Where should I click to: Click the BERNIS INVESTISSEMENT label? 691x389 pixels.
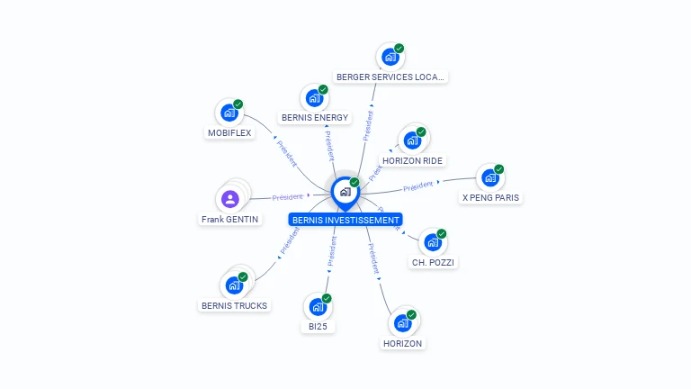[x=345, y=220]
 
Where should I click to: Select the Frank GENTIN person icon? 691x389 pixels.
[x=229, y=199]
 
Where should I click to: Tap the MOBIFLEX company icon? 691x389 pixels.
[x=229, y=113]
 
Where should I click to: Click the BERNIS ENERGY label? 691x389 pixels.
[x=315, y=117]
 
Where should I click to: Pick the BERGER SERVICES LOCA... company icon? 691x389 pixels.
[x=390, y=57]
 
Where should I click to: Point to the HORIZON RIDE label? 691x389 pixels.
[x=412, y=160]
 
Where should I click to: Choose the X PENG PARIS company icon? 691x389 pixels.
[x=490, y=177]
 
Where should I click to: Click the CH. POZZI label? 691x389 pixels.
[x=433, y=263]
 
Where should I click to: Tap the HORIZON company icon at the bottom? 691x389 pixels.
[x=402, y=322]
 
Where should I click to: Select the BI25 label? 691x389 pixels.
[x=317, y=327]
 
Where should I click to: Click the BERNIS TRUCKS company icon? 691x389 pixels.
[x=234, y=285]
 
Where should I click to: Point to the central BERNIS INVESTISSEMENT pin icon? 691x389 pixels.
[x=345, y=192]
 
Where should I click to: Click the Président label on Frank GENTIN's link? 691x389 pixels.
[x=287, y=196]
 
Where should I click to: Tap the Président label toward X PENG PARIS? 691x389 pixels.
[x=418, y=186]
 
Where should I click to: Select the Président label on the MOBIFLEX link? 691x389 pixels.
[x=286, y=154]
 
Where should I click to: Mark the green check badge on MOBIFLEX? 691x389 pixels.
[x=238, y=104]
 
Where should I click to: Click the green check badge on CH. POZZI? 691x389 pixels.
[x=442, y=234]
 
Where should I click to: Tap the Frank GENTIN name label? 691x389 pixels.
[x=229, y=220]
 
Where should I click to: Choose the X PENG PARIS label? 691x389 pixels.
[x=490, y=198]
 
